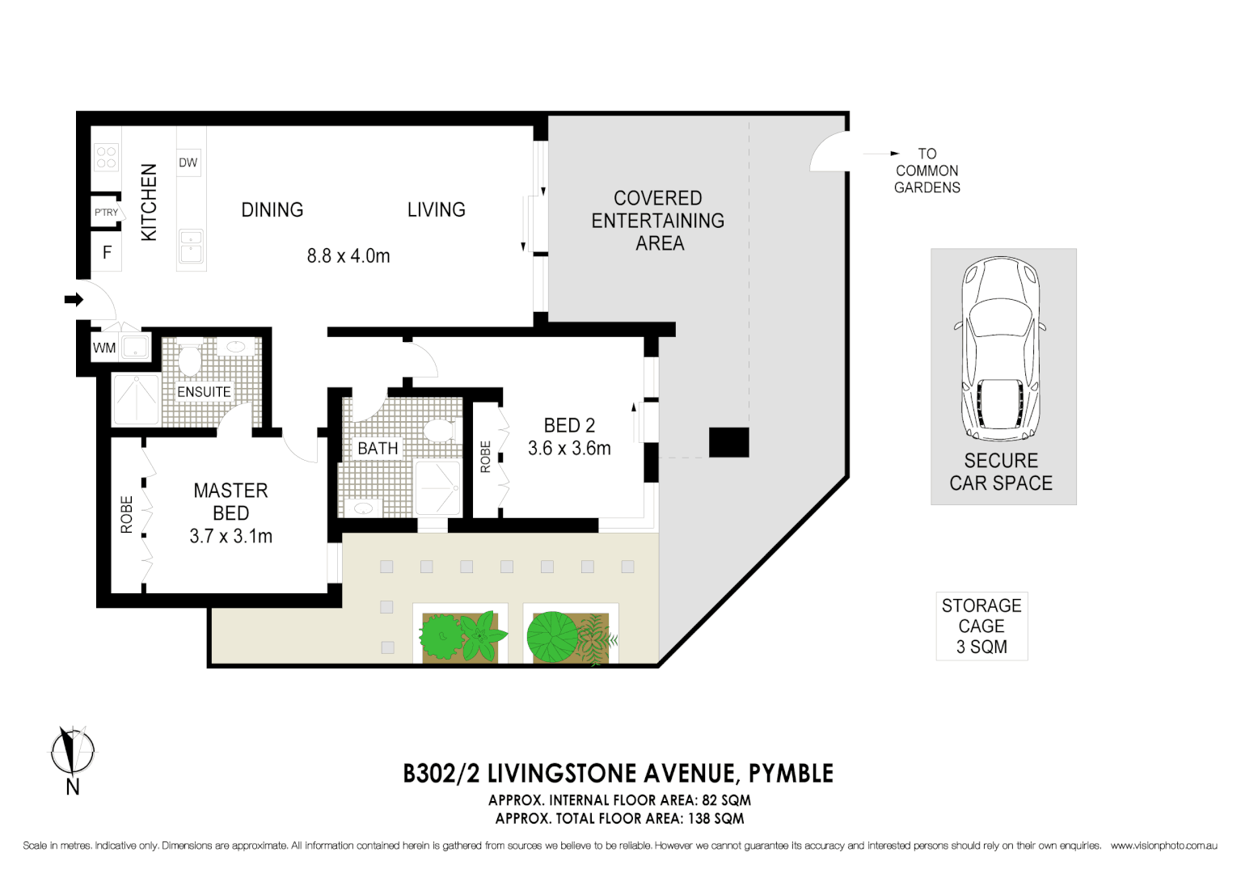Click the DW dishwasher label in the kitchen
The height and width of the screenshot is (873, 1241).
point(188,162)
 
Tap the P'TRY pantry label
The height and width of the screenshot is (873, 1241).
point(106,213)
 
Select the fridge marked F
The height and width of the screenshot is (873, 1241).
point(107,253)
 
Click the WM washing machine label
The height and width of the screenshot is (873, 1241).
point(104,348)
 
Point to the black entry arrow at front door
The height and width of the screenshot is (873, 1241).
point(74,300)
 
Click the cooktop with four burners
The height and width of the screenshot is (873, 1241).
point(107,157)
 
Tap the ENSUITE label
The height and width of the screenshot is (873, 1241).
point(204,392)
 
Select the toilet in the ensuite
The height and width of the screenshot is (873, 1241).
point(188,359)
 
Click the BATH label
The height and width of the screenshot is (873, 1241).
point(378,449)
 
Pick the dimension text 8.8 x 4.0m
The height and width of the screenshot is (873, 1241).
point(348,256)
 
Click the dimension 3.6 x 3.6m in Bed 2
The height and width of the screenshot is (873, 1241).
point(569,449)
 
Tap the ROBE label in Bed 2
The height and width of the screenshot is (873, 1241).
point(485,457)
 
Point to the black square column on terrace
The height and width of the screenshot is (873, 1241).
point(728,442)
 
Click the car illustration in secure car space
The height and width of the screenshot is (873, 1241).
point(1001,349)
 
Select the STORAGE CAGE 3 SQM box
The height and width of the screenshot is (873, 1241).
point(981,626)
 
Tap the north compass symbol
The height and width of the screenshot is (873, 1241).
point(72,753)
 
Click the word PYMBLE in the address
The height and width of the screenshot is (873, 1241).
point(791,774)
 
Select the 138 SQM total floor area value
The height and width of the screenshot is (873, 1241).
point(715,818)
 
